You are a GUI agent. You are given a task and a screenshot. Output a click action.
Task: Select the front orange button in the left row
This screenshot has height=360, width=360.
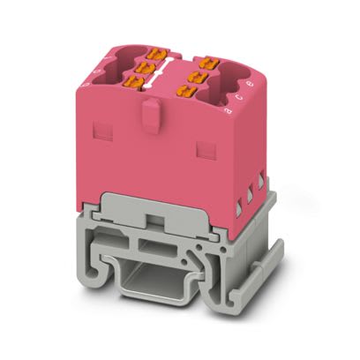coord(135,82)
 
